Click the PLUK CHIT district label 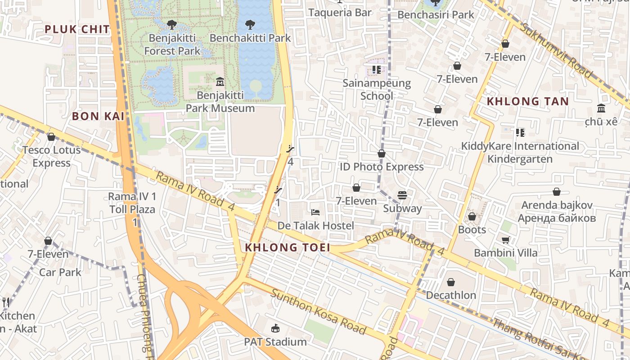pyautogui.click(x=77, y=30)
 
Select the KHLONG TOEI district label pyautogui.click(x=288, y=247)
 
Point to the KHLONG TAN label pyautogui.click(x=528, y=101)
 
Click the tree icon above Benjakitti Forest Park pyautogui.click(x=171, y=25)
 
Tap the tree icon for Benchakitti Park pyautogui.click(x=250, y=25)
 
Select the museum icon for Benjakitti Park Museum pyautogui.click(x=220, y=82)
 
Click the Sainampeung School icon pyautogui.click(x=376, y=70)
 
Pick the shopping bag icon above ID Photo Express pyautogui.click(x=382, y=154)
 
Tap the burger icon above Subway pyautogui.click(x=402, y=195)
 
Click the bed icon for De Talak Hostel pyautogui.click(x=315, y=212)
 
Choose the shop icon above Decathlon pyautogui.click(x=451, y=282)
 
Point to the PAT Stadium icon pyautogui.click(x=275, y=328)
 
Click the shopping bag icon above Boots pyautogui.click(x=472, y=217)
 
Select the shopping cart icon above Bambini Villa pyautogui.click(x=505, y=240)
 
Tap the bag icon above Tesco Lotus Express pyautogui.click(x=51, y=137)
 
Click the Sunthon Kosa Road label pyautogui.click(x=318, y=312)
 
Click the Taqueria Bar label pyautogui.click(x=340, y=12)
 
